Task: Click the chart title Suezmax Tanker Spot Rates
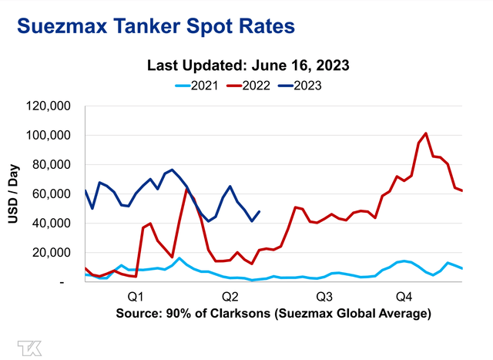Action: coord(155,26)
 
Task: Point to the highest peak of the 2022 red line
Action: coord(426,133)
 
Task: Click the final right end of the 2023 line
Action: coord(260,211)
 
